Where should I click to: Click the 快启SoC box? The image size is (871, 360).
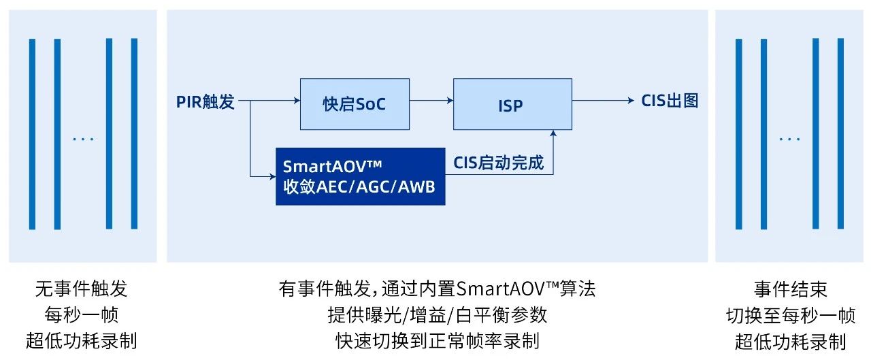click(x=355, y=104)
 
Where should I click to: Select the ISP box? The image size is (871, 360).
click(x=512, y=104)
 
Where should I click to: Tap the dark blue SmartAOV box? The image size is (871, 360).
click(x=361, y=176)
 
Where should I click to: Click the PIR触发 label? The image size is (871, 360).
click(x=206, y=102)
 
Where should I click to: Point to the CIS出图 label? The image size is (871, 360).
click(x=670, y=101)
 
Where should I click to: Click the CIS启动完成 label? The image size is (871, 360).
click(x=498, y=163)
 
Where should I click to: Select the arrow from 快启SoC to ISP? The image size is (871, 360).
click(x=431, y=101)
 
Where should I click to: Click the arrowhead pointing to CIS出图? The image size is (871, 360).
click(x=631, y=101)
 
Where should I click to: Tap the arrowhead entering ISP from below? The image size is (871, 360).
click(x=553, y=133)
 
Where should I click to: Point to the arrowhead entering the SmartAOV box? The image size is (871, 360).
click(x=273, y=176)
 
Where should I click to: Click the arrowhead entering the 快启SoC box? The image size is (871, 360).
click(x=297, y=101)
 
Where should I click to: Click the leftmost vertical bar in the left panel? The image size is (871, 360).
click(x=32, y=134)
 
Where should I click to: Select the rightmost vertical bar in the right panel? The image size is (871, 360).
click(x=840, y=134)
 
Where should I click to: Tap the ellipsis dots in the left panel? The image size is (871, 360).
click(x=83, y=139)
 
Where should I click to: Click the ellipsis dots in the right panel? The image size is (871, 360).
click(x=790, y=139)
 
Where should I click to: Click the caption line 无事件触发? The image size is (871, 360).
click(x=81, y=289)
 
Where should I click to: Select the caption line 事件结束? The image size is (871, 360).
click(x=790, y=289)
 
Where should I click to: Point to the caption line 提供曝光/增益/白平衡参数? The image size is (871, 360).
click(x=438, y=314)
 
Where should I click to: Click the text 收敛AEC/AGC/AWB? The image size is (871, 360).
click(x=359, y=187)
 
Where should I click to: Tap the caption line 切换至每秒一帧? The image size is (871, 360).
click(x=791, y=315)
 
